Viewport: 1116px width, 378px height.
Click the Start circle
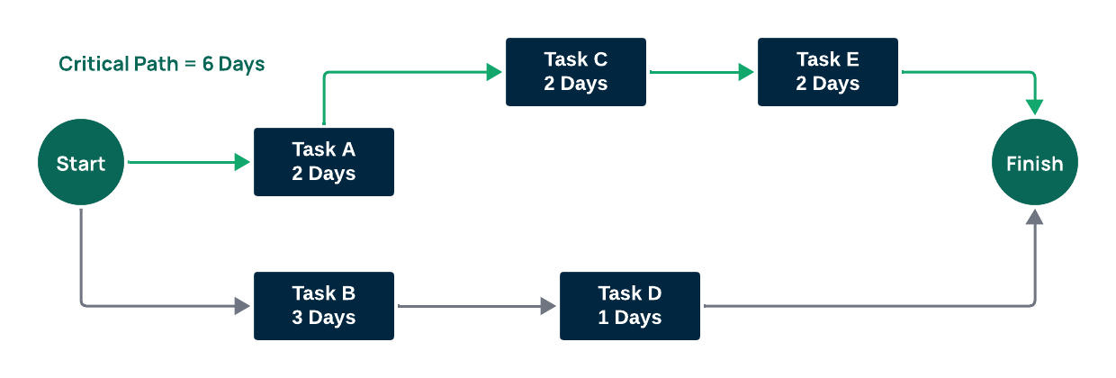click(80, 163)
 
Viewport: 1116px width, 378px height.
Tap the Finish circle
click(1034, 163)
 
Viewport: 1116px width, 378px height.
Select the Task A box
click(323, 162)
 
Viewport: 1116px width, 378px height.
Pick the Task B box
click(323, 306)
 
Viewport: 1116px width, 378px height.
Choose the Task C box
click(575, 72)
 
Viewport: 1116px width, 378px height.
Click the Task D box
click(629, 306)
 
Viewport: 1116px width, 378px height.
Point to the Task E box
click(827, 72)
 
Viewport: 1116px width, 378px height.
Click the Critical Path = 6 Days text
click(162, 65)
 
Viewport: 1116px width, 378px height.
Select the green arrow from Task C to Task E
click(702, 72)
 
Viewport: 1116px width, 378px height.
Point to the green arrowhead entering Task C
click(494, 72)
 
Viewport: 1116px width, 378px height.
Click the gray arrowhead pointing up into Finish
click(1035, 218)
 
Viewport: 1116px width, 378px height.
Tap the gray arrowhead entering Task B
click(242, 306)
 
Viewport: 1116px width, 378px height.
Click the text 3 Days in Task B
click(323, 318)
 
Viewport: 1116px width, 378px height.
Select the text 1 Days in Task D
click(629, 318)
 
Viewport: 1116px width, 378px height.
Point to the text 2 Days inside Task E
click(827, 84)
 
